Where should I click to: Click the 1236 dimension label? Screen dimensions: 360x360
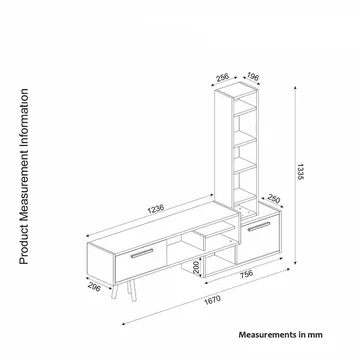pos(156,208)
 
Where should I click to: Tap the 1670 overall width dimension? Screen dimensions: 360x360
pos(213,300)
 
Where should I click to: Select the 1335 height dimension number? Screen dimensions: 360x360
pos(300,172)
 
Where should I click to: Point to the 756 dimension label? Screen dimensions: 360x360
pos(246,274)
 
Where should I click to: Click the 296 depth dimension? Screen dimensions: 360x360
pos(94,287)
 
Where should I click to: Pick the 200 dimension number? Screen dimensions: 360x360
pos(197,268)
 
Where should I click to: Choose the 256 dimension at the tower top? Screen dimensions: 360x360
pos(222,77)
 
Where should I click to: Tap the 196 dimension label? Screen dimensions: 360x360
pos(253,77)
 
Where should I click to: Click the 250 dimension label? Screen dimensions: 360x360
pos(274,199)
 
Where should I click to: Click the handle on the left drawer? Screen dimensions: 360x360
pos(142,253)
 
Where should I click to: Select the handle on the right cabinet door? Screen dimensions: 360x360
pos(259,226)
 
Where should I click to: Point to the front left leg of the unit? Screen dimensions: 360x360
pos(115,292)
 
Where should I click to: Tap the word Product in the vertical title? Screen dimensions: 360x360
pos(24,247)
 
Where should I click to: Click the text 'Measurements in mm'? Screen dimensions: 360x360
pos(280,334)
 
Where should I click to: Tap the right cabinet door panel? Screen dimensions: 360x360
pos(257,239)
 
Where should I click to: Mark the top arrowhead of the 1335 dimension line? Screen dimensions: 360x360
pos(295,88)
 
